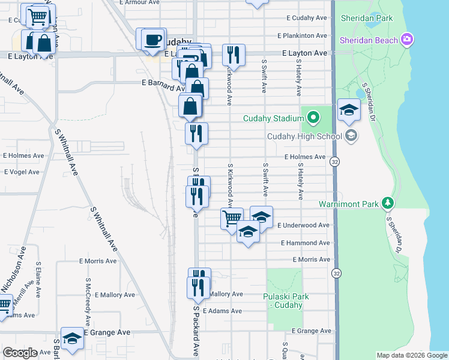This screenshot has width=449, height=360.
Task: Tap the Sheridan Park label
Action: click(366, 18)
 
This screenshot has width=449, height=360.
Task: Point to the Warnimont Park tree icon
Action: click(388, 204)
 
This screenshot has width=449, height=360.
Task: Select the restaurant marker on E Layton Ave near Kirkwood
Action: click(233, 55)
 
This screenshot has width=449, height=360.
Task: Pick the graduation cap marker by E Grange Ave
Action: click(72, 338)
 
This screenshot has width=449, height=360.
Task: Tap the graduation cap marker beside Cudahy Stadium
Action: click(348, 110)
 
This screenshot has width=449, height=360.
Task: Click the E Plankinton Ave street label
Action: click(303, 36)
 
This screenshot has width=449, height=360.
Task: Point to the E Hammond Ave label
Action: click(306, 243)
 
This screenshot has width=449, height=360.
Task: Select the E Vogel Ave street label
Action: click(24, 172)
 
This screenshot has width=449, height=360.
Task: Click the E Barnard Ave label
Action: click(162, 84)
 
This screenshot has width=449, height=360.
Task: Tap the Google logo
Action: click(20, 353)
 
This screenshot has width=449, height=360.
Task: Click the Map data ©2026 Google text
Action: click(411, 355)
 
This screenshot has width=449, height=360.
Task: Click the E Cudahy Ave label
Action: click(306, 18)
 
